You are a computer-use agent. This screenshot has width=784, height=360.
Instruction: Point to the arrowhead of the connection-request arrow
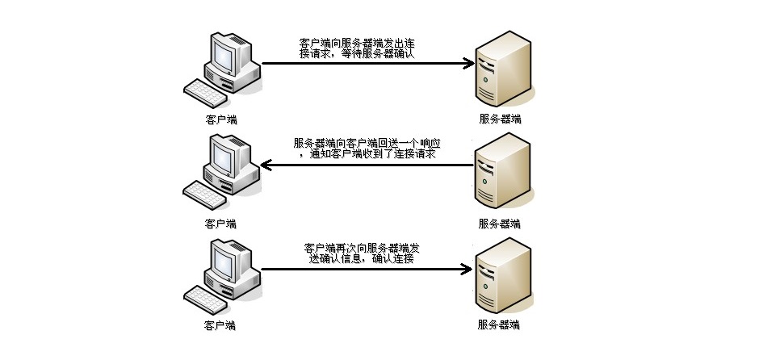[467, 63]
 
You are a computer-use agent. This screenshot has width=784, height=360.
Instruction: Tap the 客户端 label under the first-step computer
[220, 119]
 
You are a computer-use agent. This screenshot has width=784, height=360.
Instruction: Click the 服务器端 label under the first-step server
[500, 119]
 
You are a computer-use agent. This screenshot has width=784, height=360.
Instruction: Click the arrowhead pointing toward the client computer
[266, 165]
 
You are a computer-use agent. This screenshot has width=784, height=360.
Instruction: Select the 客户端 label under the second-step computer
[220, 223]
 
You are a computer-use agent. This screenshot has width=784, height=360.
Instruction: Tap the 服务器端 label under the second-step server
[500, 223]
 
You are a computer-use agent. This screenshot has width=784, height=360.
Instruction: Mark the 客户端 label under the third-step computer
[220, 325]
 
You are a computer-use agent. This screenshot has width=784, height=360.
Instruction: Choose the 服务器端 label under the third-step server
[500, 325]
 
